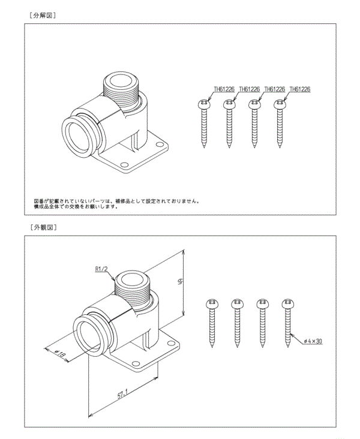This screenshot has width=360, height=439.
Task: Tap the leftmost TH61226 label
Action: (x=224, y=89)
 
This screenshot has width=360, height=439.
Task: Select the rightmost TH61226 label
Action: (x=299, y=89)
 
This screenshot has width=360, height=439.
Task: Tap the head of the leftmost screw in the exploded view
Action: (x=204, y=104)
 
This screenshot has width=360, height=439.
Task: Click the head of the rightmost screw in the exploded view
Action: (x=280, y=104)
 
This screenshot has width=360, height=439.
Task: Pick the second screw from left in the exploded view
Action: (x=229, y=123)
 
